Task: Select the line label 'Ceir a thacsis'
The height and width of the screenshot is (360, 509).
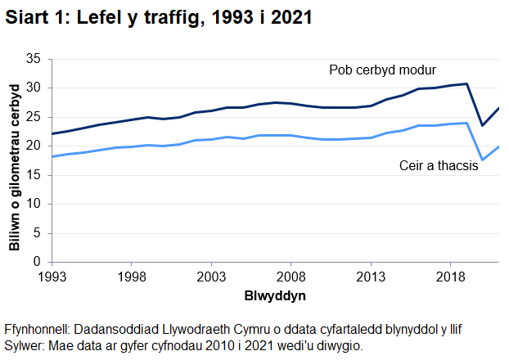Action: click(439, 164)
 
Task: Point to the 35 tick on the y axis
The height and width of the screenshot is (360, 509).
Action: click(34, 59)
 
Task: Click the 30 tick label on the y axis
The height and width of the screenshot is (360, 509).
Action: click(34, 88)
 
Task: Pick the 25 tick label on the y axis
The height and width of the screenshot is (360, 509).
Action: click(34, 117)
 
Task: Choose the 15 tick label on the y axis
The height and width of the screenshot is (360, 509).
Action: click(34, 175)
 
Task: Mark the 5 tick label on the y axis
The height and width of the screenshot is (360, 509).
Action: click(37, 233)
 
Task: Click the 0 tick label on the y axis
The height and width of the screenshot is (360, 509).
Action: click(37, 262)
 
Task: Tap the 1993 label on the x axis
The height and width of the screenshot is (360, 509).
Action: click(51, 277)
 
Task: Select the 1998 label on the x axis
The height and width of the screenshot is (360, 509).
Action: click(131, 277)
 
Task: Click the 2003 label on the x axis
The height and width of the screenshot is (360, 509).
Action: click(211, 277)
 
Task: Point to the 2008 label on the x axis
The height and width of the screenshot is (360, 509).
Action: click(291, 277)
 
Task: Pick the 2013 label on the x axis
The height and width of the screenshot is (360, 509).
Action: click(371, 277)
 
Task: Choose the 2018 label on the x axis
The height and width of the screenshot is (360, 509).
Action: click(450, 277)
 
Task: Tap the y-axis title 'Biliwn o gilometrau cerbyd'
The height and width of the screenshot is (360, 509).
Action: click(14, 160)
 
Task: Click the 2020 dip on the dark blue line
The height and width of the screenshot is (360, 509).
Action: click(483, 125)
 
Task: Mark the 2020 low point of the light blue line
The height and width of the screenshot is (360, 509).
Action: click(483, 160)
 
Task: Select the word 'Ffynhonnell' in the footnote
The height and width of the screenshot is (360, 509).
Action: click(36, 330)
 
